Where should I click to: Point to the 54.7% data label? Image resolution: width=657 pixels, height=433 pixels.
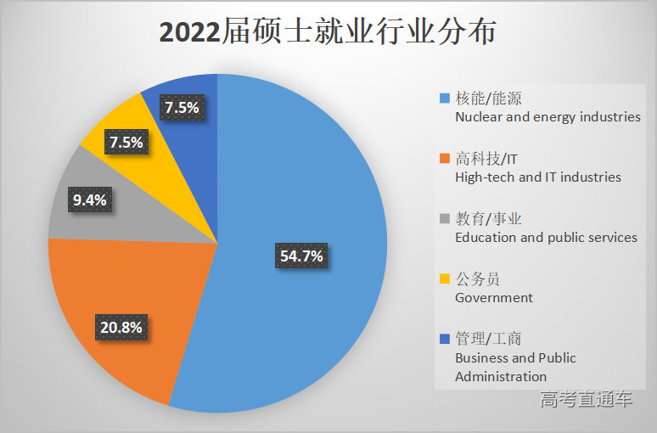coord(300,256)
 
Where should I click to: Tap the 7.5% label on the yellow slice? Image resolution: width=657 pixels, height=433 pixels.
coord(126,142)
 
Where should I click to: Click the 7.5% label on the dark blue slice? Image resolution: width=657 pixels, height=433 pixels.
coord(182,108)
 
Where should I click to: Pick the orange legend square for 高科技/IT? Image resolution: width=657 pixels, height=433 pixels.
coord(444,159)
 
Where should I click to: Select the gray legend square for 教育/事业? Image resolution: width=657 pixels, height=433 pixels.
coord(444,219)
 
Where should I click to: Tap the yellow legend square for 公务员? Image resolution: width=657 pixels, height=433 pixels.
coord(444,279)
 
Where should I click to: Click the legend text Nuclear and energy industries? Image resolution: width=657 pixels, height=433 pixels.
coord(547,117)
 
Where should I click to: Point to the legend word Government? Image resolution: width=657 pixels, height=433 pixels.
coord(494,298)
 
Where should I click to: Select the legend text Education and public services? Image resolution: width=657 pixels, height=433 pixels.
coord(546,238)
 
